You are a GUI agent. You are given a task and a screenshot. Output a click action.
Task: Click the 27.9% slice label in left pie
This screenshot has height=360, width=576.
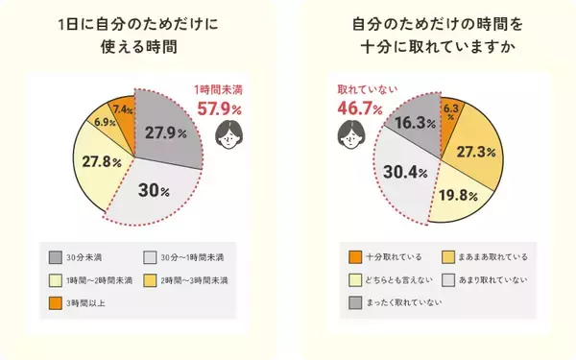pyautogui.click(x=166, y=132)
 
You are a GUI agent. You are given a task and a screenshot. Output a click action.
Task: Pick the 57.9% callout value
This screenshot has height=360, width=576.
pyautogui.click(x=227, y=111)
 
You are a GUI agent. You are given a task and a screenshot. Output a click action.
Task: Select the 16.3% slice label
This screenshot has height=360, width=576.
pyautogui.click(x=410, y=123)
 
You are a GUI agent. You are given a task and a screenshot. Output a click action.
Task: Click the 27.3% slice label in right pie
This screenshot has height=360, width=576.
pyautogui.click(x=478, y=152)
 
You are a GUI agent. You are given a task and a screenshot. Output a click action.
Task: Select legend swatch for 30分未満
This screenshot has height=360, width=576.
pyautogui.click(x=57, y=258)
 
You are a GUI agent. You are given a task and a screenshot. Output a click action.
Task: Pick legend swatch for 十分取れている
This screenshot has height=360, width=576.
pyautogui.click(x=354, y=258)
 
